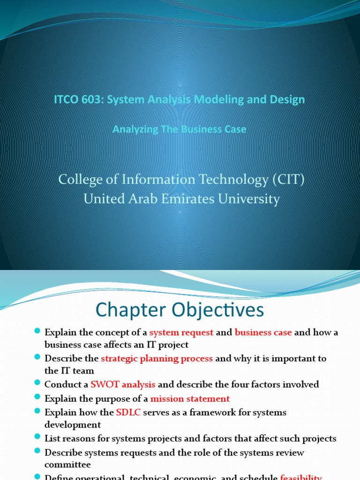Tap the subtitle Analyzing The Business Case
tap(180, 129)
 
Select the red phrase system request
tap(181, 332)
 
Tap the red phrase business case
tap(263, 332)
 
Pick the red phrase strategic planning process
tap(157, 358)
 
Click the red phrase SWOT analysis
tap(123, 384)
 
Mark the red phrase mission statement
tap(190, 399)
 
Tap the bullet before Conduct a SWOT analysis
tap(38, 384)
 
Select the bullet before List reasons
tap(38, 438)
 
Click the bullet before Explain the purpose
tap(38, 398)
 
